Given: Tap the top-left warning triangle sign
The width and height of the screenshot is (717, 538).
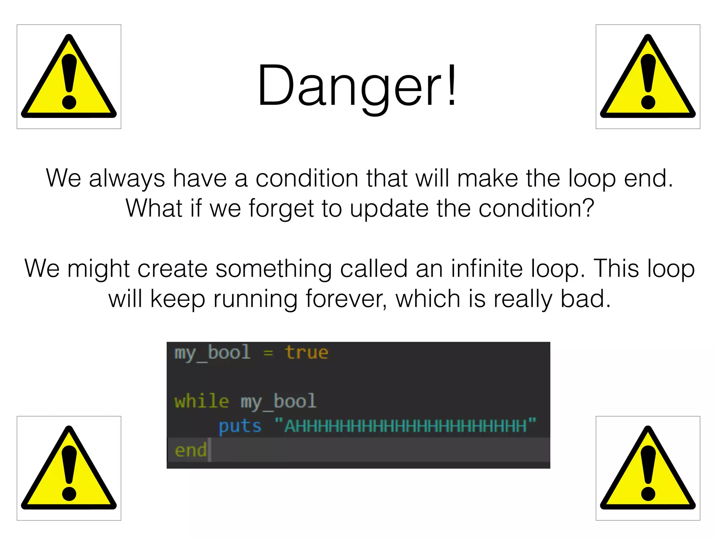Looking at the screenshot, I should [x=69, y=77].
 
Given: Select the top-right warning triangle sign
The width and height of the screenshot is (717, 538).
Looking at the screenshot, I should [x=648, y=77].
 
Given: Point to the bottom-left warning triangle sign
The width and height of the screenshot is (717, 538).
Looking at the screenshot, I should [x=69, y=468].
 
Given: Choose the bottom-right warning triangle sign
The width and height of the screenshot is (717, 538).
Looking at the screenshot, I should [x=648, y=468].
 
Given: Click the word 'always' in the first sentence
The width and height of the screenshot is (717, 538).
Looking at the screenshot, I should [x=126, y=179].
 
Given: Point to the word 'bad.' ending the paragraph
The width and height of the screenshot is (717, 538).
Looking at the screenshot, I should [x=585, y=299].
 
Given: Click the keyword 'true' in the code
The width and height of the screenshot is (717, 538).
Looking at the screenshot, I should [x=306, y=352].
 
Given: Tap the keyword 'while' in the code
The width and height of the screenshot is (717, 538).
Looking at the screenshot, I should [x=202, y=401].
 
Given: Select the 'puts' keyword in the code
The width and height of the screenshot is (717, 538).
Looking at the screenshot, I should [x=240, y=426].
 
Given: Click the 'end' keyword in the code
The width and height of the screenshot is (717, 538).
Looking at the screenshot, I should [x=190, y=450].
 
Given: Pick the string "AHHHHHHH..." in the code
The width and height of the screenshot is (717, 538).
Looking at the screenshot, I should [x=405, y=426].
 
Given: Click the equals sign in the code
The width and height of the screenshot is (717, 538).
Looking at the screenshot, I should [x=268, y=353].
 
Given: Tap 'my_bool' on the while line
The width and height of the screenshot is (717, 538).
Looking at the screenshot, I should [x=278, y=402].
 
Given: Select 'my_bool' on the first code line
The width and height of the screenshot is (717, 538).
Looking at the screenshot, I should [x=212, y=353].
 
